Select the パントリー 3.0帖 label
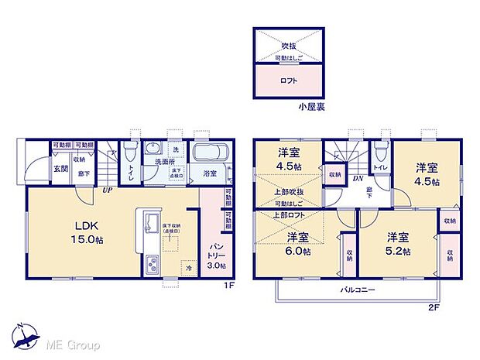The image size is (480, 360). pyautogui.click(x=216, y=256)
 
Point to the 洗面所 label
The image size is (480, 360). pyautogui.click(x=163, y=163)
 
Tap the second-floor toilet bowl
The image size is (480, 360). pyautogui.click(x=379, y=151)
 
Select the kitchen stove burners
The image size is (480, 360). pyautogui.click(x=149, y=266)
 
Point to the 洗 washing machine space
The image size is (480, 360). pyautogui.click(x=176, y=149)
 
